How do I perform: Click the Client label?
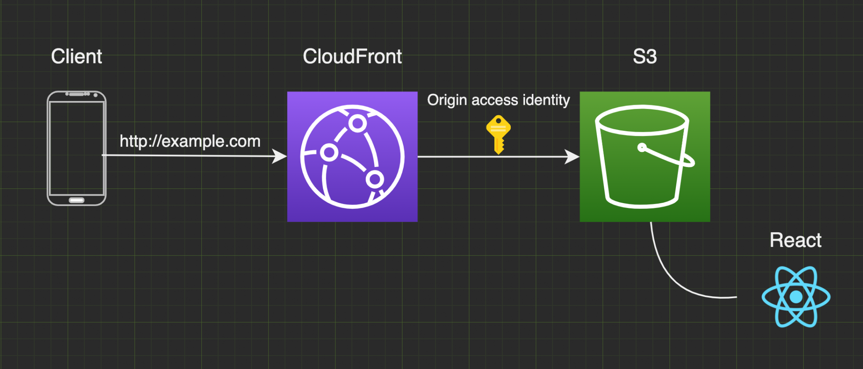76,56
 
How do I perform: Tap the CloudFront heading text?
352,56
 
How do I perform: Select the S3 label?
645,56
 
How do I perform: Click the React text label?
796,240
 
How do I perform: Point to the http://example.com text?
190,141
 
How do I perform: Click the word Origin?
447,100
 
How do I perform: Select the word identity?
546,100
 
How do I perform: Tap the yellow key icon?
499,134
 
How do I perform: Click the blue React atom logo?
796,297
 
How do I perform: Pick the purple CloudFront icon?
352,157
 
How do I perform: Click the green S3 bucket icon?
645,157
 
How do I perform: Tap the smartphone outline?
77,148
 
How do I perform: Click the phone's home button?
77,200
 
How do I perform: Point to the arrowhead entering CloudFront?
279,156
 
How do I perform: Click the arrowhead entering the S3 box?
572,157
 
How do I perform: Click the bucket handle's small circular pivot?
642,147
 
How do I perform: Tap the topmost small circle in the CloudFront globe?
357,124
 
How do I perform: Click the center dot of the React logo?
796,297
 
